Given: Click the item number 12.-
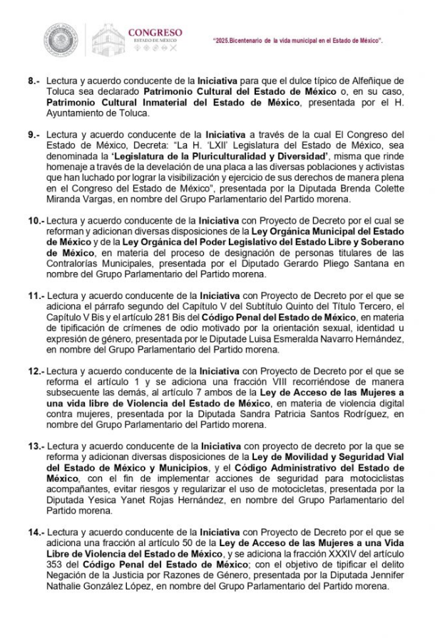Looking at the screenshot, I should (x=36, y=371).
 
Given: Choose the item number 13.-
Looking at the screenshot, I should (x=36, y=446).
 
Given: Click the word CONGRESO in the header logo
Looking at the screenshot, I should (x=155, y=32).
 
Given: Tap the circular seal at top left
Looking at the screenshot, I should (x=61, y=41).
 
